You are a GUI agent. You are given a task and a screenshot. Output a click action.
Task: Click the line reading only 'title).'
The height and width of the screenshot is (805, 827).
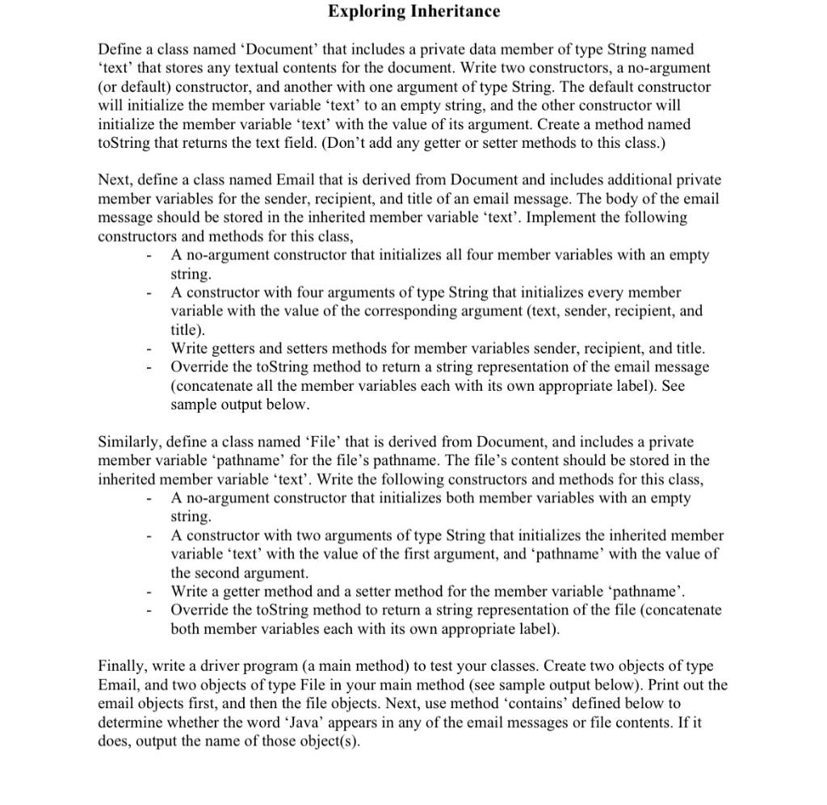(x=188, y=329)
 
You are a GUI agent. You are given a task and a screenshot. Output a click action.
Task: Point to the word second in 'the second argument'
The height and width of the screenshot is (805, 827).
(x=219, y=572)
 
